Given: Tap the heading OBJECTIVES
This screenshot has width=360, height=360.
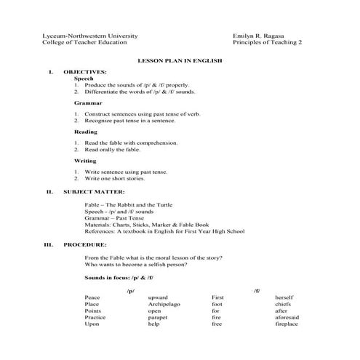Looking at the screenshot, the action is point(85,72).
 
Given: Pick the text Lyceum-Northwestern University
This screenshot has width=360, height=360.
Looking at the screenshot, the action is point(90,36).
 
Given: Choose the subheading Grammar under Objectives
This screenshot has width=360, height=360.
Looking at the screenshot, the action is point(87,103).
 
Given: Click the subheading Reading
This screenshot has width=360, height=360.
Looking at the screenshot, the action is point(86,132).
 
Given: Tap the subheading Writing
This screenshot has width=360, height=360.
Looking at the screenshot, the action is point(85,160).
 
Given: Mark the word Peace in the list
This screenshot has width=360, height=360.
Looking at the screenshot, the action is point(92,297).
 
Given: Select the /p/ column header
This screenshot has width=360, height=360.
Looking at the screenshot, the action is point(131,289).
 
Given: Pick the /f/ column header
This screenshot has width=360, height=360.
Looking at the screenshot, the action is point(257,289).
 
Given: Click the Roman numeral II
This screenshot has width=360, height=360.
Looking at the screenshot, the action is point(49,191).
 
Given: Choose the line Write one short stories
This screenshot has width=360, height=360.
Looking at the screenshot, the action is point(114,178).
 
